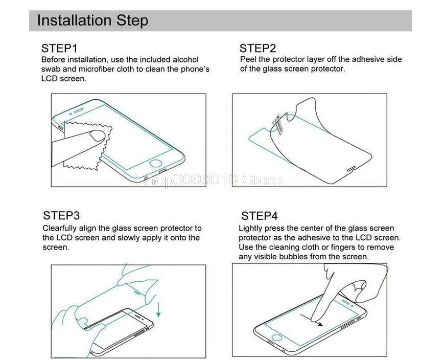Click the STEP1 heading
[59, 49]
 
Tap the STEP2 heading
[258, 49]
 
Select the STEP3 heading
[61, 215]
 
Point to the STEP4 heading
[260, 216]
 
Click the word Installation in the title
[75, 20]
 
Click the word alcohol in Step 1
[185, 59]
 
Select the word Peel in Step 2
[248, 59]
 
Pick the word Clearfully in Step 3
[60, 229]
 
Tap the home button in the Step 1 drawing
[156, 163]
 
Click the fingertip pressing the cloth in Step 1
[97, 136]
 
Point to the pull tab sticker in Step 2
[278, 124]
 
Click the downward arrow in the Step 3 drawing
[159, 309]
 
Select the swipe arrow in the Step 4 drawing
[312, 320]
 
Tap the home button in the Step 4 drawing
[277, 337]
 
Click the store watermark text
[209, 179]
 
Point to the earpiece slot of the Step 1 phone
[79, 110]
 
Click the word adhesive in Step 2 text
[369, 59]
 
